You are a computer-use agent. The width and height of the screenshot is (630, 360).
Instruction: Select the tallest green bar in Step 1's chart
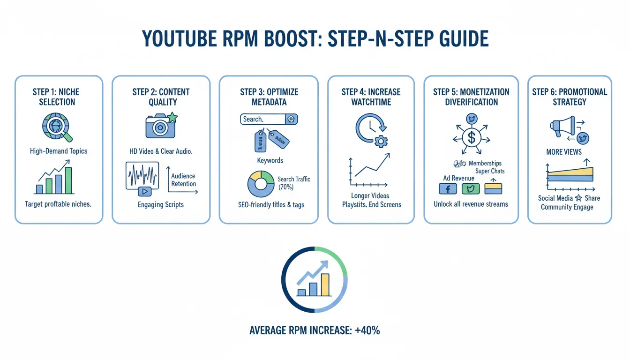[68, 180]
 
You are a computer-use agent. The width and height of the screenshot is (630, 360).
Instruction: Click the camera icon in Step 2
[160, 126]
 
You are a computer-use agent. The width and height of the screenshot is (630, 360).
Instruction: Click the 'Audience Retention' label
[183, 180]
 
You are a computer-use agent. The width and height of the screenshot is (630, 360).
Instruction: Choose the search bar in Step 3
[269, 119]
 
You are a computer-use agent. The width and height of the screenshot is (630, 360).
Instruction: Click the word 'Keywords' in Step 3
[270, 160]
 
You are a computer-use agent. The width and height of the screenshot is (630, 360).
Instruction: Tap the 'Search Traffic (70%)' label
[293, 183]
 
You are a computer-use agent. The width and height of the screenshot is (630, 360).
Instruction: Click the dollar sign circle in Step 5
[471, 137]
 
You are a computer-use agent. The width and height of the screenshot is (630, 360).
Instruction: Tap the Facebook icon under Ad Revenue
[447, 188]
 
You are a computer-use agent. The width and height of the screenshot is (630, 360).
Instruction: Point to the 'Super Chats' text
[490, 171]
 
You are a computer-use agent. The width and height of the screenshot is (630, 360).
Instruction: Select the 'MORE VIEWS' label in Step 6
[564, 152]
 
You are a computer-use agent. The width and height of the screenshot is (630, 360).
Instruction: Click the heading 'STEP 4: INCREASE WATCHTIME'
[371, 97]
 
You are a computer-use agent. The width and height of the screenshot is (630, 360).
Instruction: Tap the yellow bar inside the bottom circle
[325, 285]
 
